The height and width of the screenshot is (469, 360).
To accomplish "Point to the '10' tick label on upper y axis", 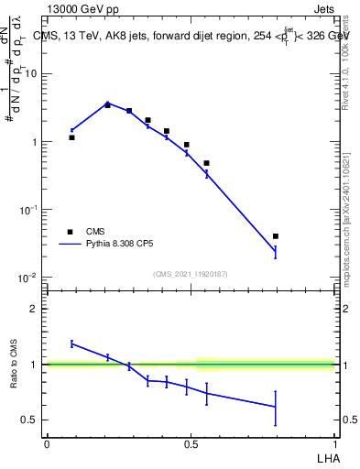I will point(33,74).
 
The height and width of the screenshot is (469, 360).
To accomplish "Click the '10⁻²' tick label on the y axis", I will point(29,277).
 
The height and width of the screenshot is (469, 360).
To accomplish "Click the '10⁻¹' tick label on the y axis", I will point(29,210).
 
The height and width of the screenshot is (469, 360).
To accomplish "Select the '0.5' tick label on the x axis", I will point(190,443).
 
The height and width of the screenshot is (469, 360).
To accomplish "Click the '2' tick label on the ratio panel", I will point(37,309).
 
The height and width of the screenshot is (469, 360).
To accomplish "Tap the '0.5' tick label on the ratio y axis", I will point(32,420).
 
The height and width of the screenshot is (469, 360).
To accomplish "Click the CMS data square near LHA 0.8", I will point(276,236).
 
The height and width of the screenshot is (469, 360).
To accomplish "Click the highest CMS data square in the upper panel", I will point(107,105).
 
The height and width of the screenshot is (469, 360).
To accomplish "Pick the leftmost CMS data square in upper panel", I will point(71,137).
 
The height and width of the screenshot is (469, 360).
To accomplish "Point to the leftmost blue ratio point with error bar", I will point(71,344).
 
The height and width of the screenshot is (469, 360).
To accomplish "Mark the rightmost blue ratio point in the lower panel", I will point(276,406).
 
